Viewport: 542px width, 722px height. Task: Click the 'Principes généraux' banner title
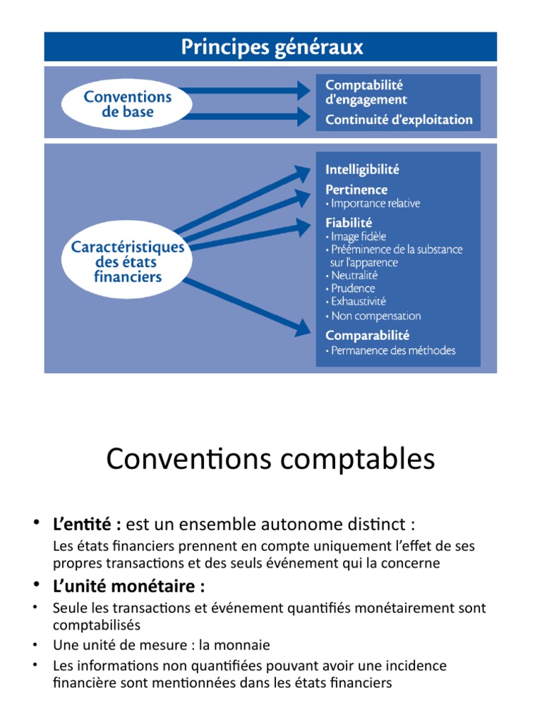(x=272, y=47)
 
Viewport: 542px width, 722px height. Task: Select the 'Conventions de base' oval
(x=128, y=104)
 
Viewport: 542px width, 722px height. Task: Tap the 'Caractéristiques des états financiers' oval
(x=128, y=262)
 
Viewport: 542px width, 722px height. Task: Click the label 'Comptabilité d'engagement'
(x=366, y=92)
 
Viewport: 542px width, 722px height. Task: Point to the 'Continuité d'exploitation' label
(x=399, y=120)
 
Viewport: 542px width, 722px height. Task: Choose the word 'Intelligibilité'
(x=362, y=169)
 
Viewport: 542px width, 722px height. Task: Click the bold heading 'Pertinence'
(x=356, y=190)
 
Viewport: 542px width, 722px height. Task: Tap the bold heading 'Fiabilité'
(x=349, y=223)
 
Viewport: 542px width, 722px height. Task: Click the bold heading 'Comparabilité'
(x=367, y=336)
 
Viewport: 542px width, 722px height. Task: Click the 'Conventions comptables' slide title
(x=271, y=460)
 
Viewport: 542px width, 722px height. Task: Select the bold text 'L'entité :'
(x=88, y=525)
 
